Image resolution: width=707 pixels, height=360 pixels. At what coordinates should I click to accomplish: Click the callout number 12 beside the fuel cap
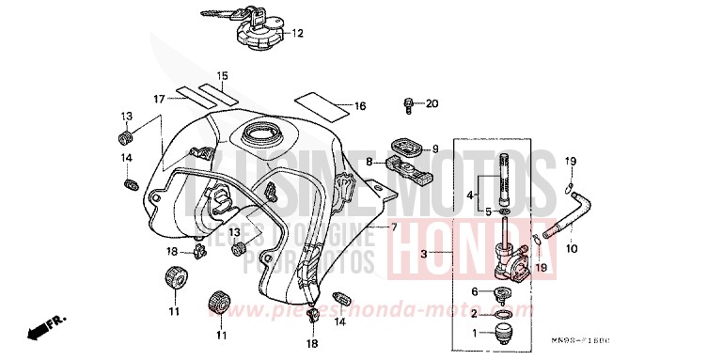pos(299,35)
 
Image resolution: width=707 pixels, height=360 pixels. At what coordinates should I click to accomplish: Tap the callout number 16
pos(360,106)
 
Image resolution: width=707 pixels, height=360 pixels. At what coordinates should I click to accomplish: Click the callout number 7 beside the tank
pos(394,227)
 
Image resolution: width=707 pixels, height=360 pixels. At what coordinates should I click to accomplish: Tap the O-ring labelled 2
pos(504,312)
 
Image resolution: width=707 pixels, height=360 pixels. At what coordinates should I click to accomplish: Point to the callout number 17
pos(160,97)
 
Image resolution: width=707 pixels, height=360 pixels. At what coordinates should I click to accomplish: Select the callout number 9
pos(434,149)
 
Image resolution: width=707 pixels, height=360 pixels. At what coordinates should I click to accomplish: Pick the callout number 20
pos(432,102)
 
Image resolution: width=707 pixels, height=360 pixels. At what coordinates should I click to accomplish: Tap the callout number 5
pos(488,212)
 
